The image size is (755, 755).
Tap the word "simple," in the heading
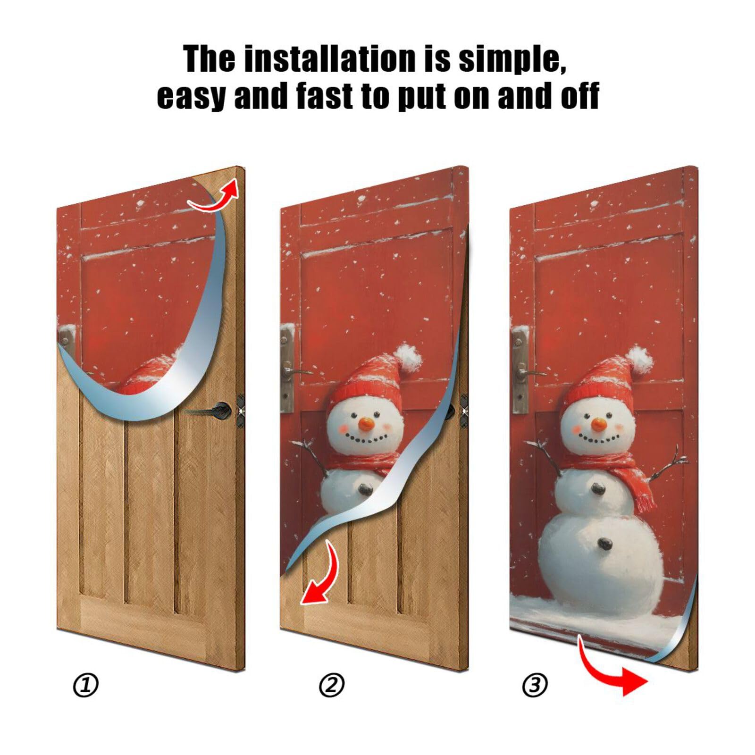click(x=512, y=59)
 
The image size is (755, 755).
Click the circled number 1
click(x=85, y=685)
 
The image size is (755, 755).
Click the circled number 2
click(x=332, y=685)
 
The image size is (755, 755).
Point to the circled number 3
click(x=535, y=685)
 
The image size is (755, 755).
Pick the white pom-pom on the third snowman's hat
click(x=640, y=359)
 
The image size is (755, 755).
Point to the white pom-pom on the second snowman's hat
click(x=409, y=356)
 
